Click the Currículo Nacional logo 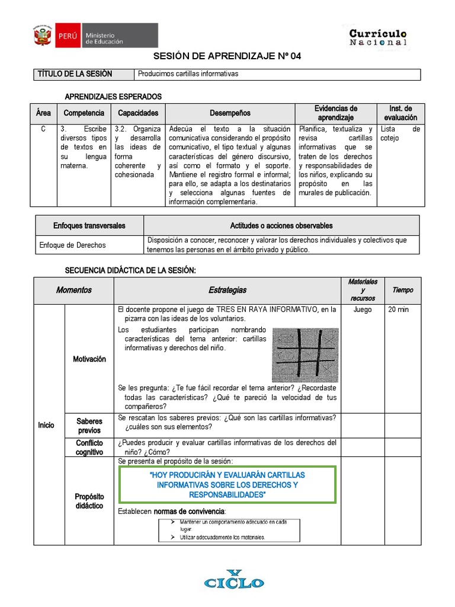tap(378, 37)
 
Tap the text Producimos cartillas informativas tap(188, 74)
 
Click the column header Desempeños tap(230, 113)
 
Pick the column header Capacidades tap(138, 113)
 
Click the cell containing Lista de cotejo tap(400, 134)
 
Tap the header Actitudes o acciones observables tap(281, 226)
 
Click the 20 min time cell tap(399, 309)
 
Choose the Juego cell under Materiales tap(362, 309)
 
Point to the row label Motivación tap(89, 359)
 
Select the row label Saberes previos tap(89, 426)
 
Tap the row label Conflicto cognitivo tap(89, 448)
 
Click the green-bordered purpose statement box tap(227, 485)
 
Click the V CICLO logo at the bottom tap(234, 580)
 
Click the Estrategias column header tap(227, 290)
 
